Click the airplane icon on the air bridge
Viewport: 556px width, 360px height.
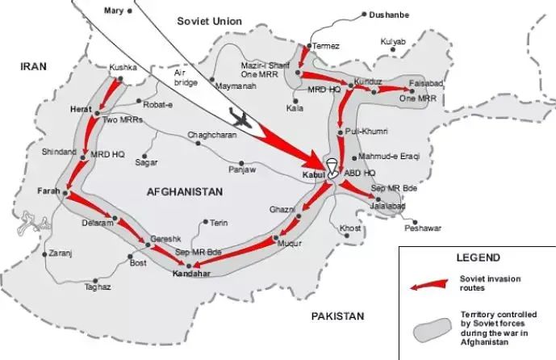tap(238, 117)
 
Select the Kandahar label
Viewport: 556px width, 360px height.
tap(191, 274)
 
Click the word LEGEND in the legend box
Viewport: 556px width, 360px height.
tap(473, 258)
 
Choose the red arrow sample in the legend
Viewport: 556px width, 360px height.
tap(428, 283)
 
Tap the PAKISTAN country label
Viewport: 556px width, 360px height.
tap(338, 316)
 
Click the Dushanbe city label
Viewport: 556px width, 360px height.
tap(390, 15)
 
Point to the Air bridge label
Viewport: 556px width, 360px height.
tap(186, 77)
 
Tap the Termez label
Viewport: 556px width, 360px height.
tap(326, 45)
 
